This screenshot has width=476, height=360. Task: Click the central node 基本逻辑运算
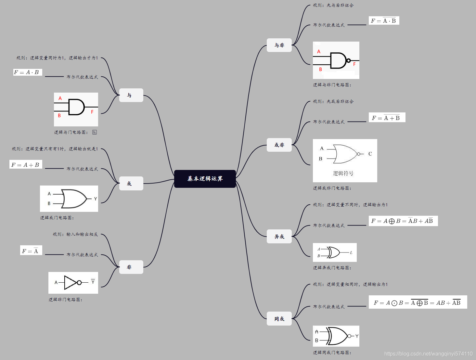pos(205,179)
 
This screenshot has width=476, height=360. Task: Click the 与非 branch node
pos(279,45)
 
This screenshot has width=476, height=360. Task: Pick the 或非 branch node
pos(279,145)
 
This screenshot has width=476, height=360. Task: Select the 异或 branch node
pos(279,237)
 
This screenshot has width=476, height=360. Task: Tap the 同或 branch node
pos(279,319)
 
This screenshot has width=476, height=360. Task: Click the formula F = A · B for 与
pos(28,72)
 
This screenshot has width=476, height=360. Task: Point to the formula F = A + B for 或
pos(26,165)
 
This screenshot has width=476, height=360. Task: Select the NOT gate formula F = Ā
pos(31,251)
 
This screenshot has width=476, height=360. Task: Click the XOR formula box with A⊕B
pos(403,221)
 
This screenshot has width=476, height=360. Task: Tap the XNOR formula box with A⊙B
pos(418,302)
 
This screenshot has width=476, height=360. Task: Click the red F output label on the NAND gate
pos(354,64)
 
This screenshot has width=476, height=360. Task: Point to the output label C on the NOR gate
pos(370,154)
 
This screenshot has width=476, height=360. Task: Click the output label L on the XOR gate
pos(351,252)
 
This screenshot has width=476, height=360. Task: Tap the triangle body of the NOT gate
pos(70,283)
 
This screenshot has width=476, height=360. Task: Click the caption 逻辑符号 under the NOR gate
pos(343,174)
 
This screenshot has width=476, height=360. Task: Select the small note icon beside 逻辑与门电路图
pos(95,132)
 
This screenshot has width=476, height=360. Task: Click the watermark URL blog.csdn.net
pos(428,354)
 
